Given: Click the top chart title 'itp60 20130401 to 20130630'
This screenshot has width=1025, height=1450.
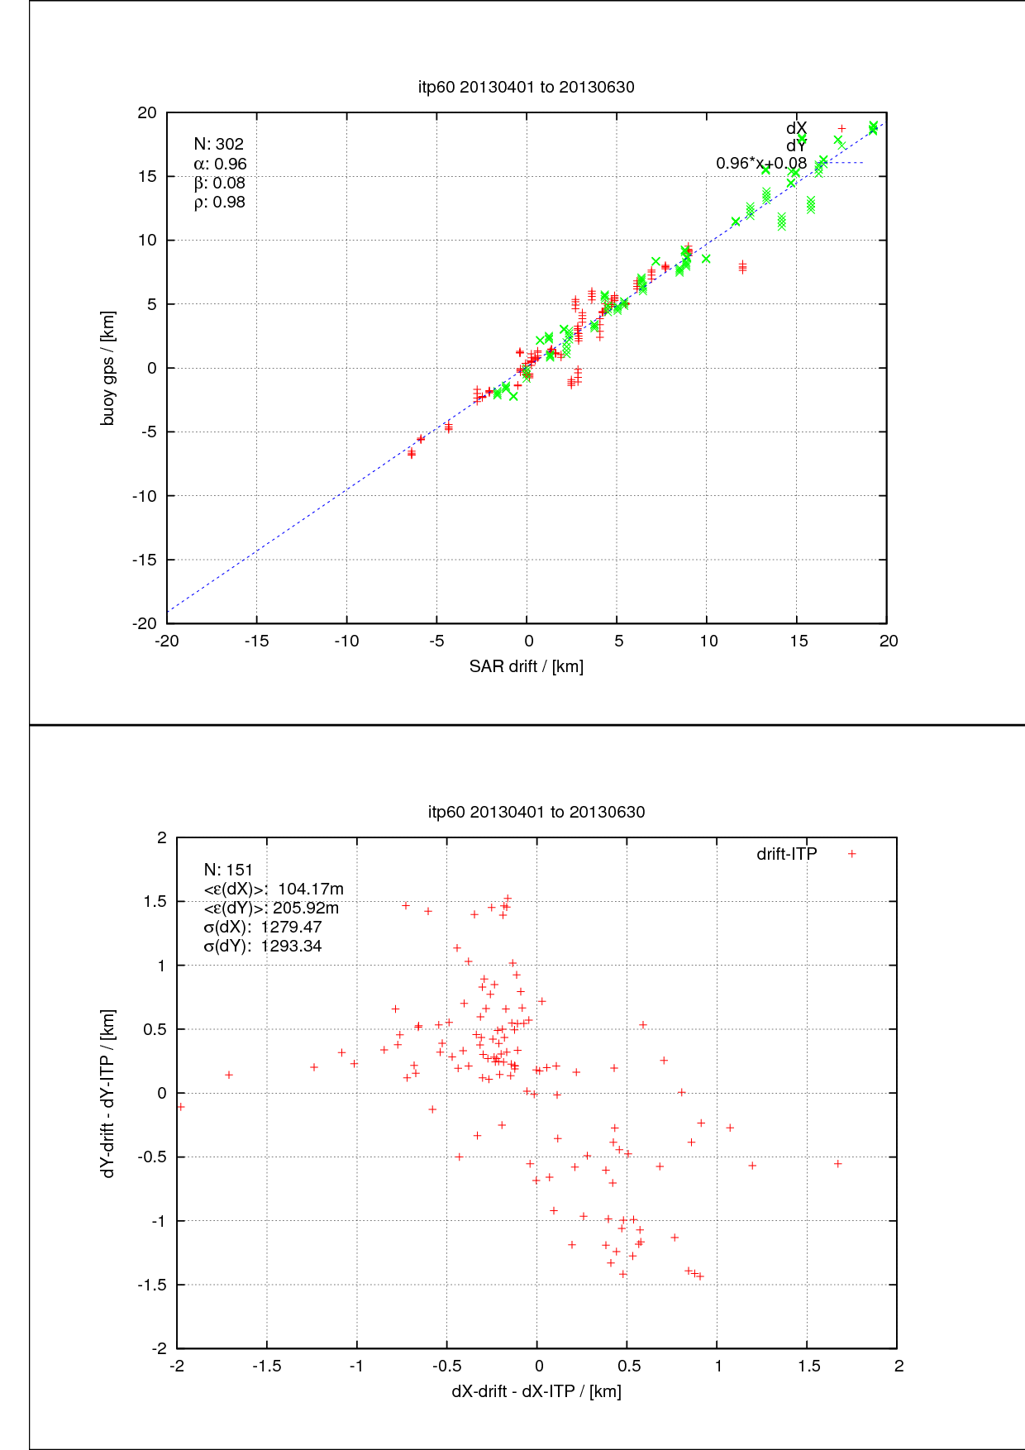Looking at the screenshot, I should tap(526, 87).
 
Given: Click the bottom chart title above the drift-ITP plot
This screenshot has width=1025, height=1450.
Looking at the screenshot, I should tap(536, 812).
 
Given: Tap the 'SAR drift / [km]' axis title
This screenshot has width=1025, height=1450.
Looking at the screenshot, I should tap(526, 666).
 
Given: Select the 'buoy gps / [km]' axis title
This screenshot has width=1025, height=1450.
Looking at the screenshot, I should tap(107, 368).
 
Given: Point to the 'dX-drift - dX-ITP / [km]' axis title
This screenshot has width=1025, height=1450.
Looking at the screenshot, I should tap(536, 1391).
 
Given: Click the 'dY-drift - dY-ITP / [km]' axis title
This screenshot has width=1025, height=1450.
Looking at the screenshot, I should tap(107, 1093).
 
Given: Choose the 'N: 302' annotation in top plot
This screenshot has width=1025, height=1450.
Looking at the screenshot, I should tap(218, 144).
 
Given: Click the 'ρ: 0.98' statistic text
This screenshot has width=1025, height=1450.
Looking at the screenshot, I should tap(219, 203).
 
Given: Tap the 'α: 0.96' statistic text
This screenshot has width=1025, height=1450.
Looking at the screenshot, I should tap(220, 164).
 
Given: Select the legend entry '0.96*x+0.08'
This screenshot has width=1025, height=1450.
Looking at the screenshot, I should tap(760, 163).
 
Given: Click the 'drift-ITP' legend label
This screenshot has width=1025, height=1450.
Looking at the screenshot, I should tap(786, 854).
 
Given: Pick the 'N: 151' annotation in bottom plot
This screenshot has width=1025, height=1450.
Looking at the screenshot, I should tap(228, 870).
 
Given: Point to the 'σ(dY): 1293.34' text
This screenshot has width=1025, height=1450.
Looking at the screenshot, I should tap(263, 947).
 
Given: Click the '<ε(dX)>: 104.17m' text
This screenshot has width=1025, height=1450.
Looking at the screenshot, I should tap(274, 889).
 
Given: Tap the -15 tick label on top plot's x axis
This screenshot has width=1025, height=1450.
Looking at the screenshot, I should tap(256, 642).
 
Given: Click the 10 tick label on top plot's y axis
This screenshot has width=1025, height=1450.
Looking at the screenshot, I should tap(147, 241).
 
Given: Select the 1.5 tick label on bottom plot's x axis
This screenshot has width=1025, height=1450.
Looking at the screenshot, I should tap(808, 1367).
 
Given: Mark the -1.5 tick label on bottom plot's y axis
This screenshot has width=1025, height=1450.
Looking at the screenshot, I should tap(152, 1285).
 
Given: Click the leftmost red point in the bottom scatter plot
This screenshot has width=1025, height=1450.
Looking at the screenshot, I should tap(181, 1106).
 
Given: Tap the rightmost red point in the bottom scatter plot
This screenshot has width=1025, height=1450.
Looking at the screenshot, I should tap(837, 1163).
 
